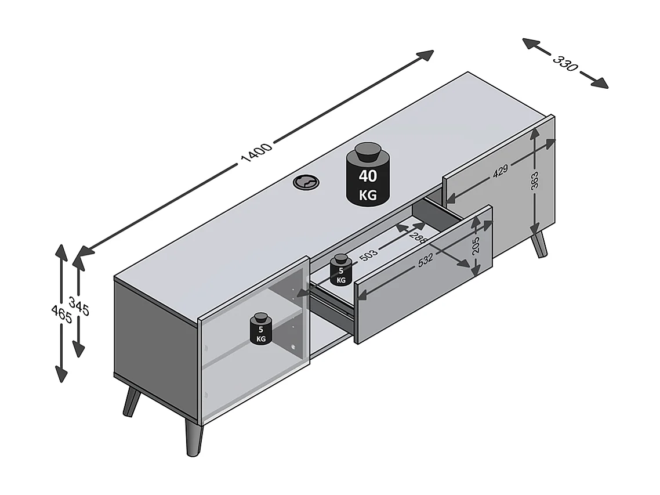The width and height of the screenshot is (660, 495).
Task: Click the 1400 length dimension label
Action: pos(256,152)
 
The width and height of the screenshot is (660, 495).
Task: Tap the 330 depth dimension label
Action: pos(565,63)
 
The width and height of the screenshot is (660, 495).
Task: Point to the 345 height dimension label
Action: pos(79,306)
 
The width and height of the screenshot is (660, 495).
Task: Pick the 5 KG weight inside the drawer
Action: pos(340,270)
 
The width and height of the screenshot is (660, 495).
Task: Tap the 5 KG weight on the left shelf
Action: pos(261,329)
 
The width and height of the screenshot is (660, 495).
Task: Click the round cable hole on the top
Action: pos(306,183)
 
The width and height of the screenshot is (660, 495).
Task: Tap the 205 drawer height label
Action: pos(476,247)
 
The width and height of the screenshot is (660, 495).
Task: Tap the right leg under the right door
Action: pos(539,244)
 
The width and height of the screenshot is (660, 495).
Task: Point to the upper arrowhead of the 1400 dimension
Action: pos(426,55)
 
